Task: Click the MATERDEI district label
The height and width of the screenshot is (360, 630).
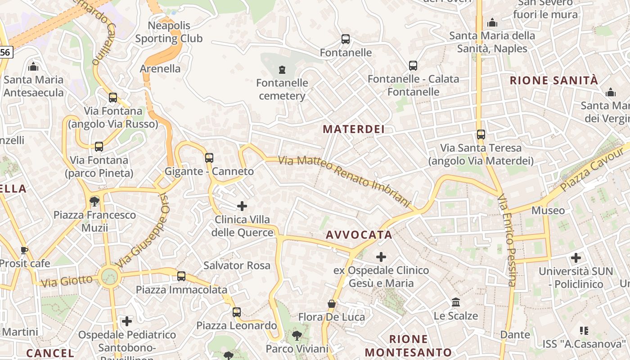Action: tap(354, 129)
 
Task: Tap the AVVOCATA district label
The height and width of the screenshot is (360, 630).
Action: tap(359, 235)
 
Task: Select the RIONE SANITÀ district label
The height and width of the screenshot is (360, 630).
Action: tap(554, 81)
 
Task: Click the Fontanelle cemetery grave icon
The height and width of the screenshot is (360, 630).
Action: tap(282, 69)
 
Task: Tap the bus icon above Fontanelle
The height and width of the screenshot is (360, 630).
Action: tap(346, 39)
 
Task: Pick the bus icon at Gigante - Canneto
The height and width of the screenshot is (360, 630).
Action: tap(209, 158)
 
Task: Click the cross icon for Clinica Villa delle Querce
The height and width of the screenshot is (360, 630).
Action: tap(242, 206)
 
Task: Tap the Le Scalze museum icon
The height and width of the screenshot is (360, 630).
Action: tap(456, 302)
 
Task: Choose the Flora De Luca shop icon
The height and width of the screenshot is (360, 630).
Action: tap(332, 304)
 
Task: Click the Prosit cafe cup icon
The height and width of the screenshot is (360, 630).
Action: tap(24, 250)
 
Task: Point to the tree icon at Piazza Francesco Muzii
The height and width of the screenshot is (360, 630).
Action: tap(94, 201)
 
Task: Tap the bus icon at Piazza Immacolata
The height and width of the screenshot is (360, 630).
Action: tap(181, 276)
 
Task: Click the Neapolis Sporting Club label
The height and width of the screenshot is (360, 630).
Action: tap(169, 32)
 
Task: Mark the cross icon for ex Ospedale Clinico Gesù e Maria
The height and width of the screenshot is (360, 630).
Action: tap(381, 257)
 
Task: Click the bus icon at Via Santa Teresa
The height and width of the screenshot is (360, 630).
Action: tap(481, 134)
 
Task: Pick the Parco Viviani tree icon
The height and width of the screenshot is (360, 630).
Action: tap(297, 335)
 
